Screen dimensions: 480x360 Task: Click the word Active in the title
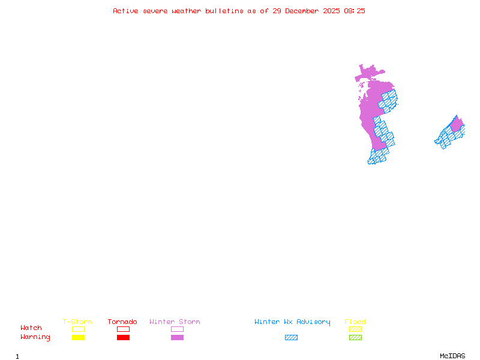pyautogui.click(x=125, y=11)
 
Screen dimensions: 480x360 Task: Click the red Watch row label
pyautogui.click(x=31, y=328)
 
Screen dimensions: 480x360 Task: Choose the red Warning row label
pyautogui.click(x=35, y=337)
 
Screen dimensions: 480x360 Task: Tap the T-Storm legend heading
pyautogui.click(x=77, y=322)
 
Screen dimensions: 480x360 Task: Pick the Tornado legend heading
pyautogui.click(x=122, y=322)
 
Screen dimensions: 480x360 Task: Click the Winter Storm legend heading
pyautogui.click(x=175, y=322)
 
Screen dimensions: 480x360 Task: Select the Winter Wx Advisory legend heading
pyautogui.click(x=292, y=322)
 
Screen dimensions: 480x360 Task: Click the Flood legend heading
pyautogui.click(x=355, y=322)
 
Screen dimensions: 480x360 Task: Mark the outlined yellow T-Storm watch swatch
pyautogui.click(x=78, y=329)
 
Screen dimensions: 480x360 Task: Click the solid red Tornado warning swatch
pyautogui.click(x=123, y=337)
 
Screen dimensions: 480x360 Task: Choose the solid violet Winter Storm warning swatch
pyautogui.click(x=177, y=337)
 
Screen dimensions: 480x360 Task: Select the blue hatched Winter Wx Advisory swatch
pyautogui.click(x=291, y=337)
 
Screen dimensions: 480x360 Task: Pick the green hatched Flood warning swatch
pyautogui.click(x=355, y=337)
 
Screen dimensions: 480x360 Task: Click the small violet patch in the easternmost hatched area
pyautogui.click(x=457, y=125)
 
